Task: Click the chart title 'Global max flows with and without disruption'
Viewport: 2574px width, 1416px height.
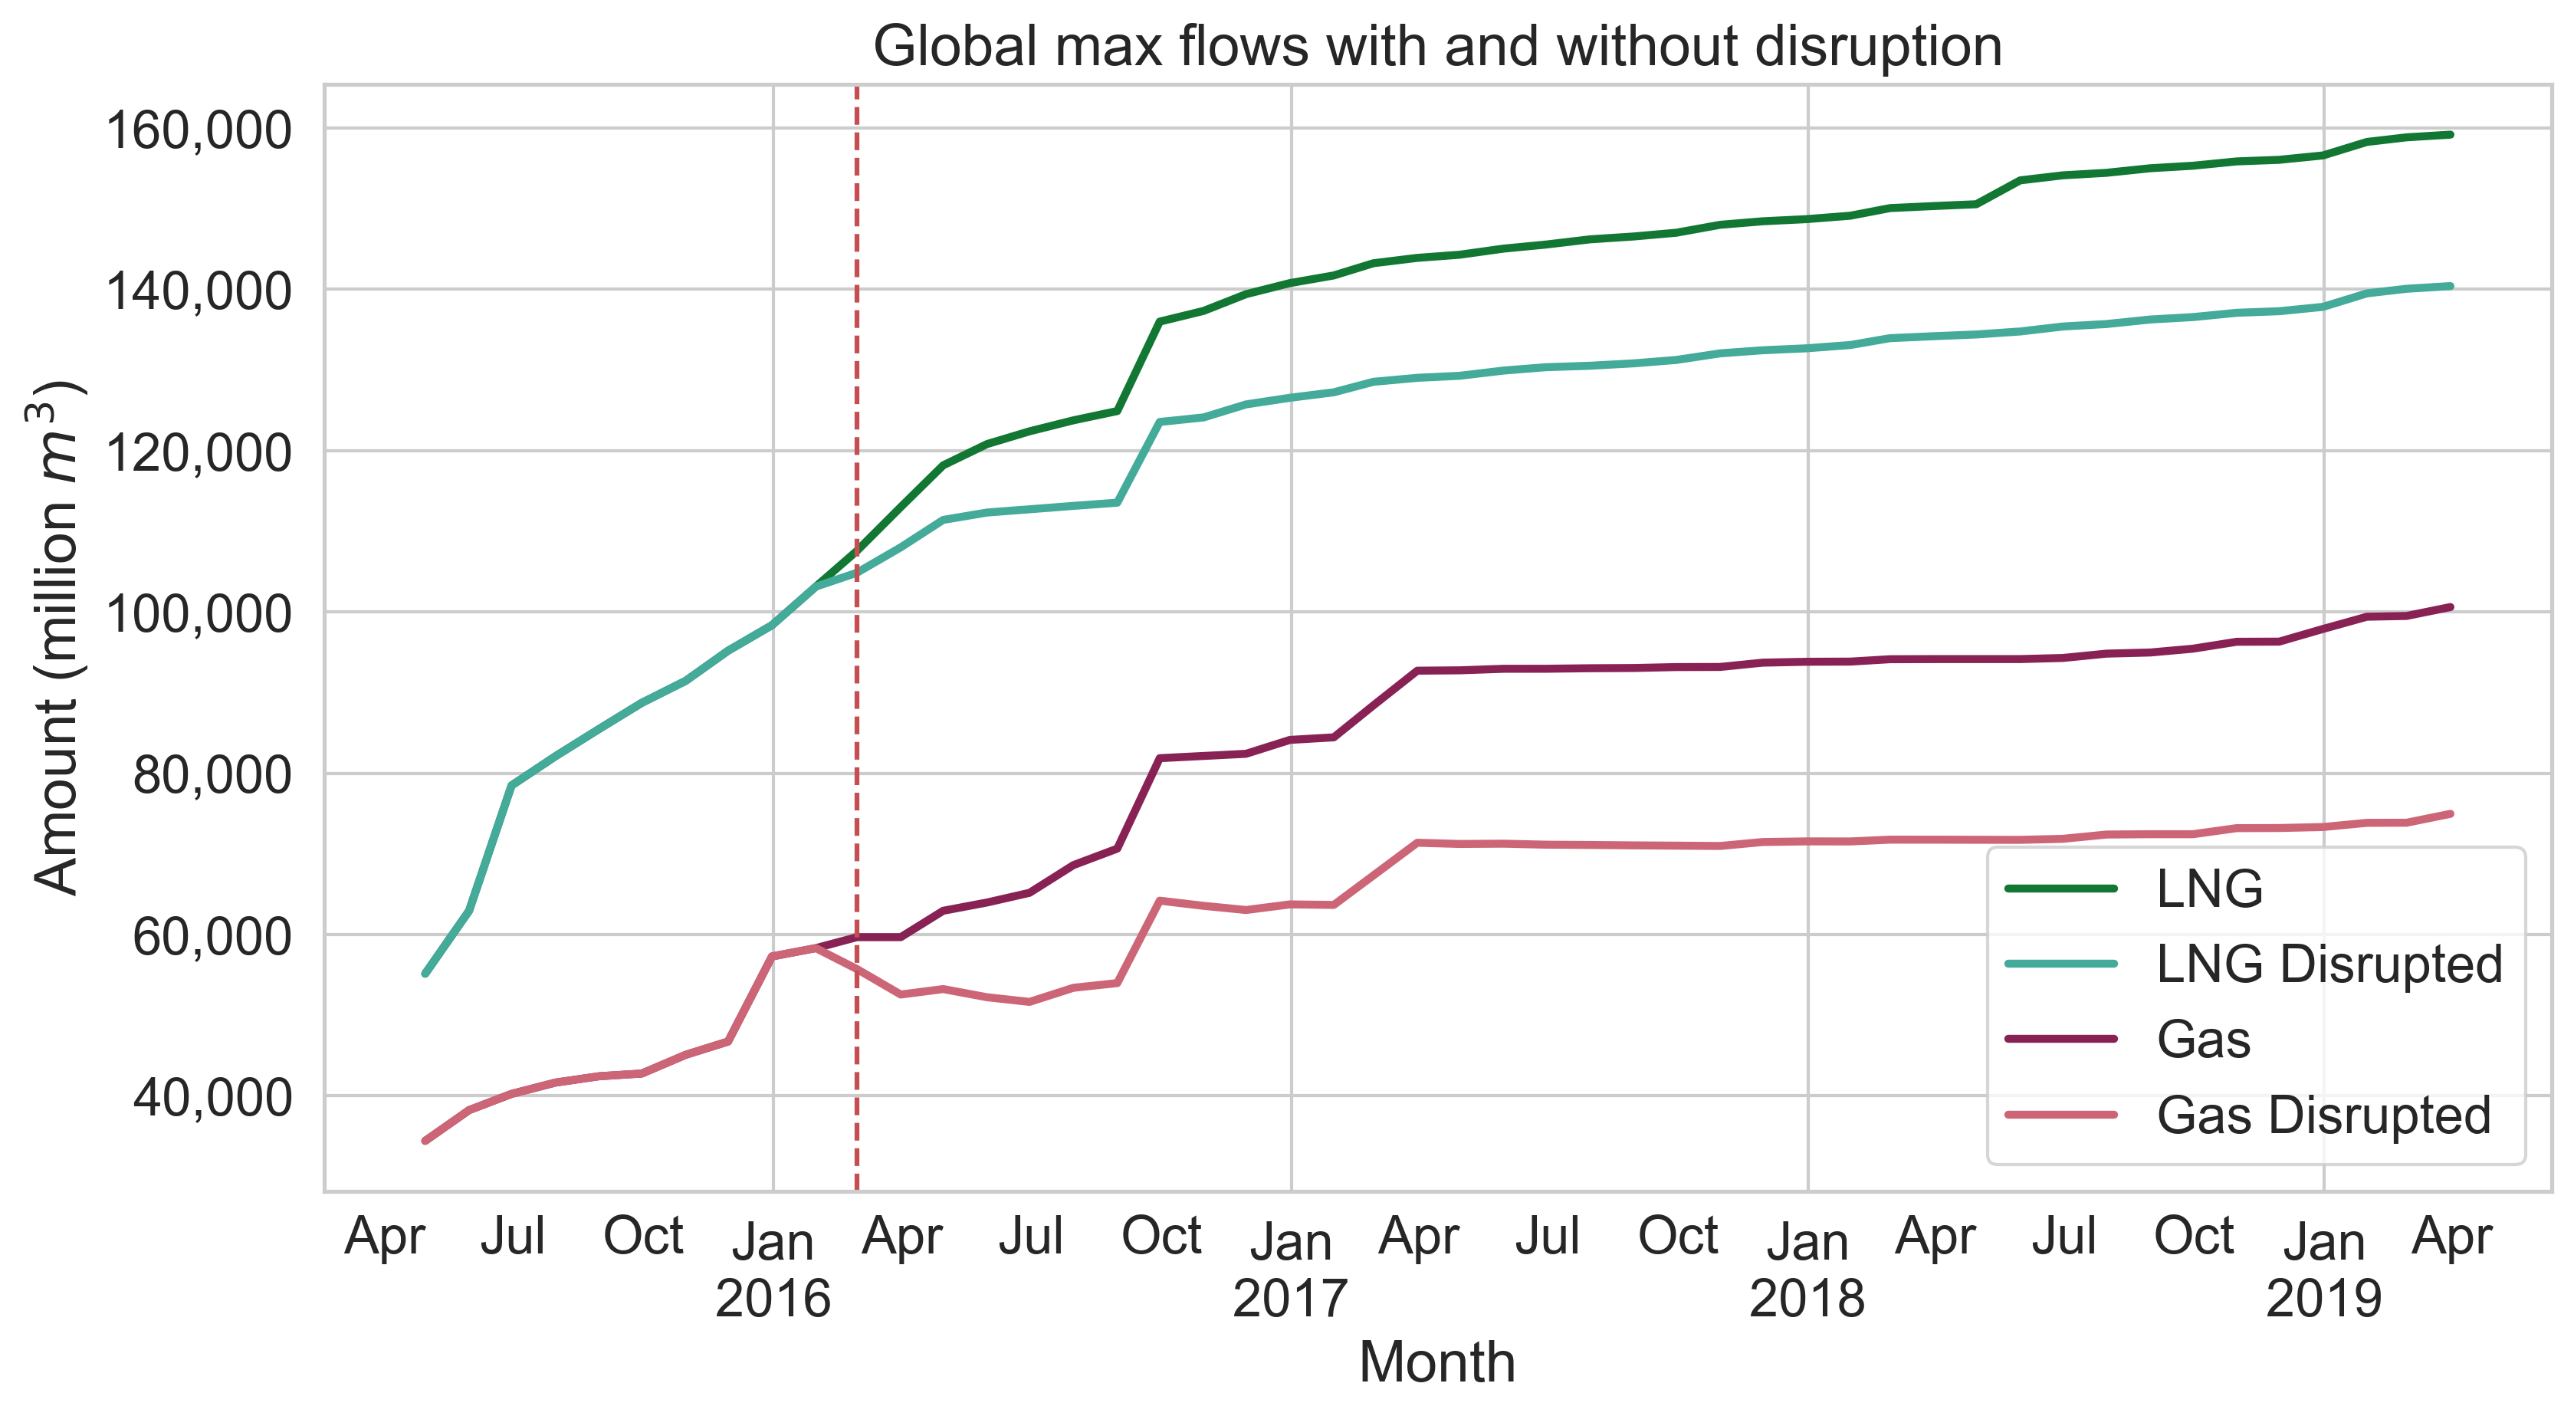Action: coord(1437,46)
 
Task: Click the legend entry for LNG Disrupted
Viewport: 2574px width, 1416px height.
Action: coord(2328,964)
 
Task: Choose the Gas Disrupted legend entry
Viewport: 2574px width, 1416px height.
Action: coord(2323,1115)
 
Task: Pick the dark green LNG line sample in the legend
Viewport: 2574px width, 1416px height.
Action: coord(2060,889)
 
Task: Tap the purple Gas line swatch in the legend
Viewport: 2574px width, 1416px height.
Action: coord(2060,1040)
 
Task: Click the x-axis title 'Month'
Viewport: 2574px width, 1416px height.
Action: coord(1437,1362)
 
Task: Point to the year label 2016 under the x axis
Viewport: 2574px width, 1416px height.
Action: coord(773,1299)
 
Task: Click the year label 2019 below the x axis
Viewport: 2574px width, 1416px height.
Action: coord(2323,1299)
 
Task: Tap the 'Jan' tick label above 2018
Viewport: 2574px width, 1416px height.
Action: coord(1807,1242)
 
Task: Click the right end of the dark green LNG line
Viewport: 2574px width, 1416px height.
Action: coord(2450,134)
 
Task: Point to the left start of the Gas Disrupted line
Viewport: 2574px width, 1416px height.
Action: coord(425,1140)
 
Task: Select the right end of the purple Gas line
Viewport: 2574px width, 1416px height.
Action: coord(2450,606)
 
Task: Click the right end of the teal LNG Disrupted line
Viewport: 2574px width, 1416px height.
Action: coord(2450,286)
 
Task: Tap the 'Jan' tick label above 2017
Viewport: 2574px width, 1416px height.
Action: coord(1290,1242)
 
